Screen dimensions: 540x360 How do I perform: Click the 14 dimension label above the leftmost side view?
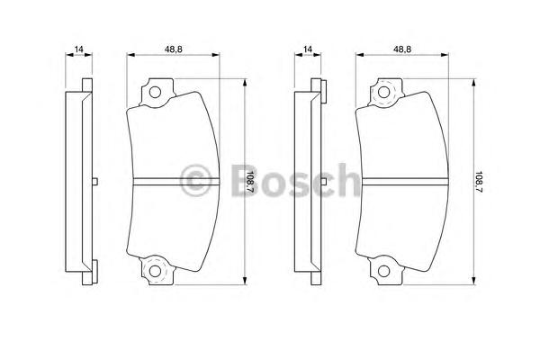pos(79,49)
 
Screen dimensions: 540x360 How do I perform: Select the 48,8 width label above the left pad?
pos(173,49)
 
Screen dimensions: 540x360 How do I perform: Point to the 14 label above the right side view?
pos(308,49)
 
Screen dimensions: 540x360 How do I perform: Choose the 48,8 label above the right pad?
pos(402,49)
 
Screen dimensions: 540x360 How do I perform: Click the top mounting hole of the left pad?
pos(155,93)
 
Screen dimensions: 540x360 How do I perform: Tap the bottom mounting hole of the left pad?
pos(155,271)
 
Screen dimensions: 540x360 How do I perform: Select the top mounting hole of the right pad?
pos(384,93)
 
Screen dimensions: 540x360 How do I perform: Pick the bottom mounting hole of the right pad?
pos(384,271)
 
